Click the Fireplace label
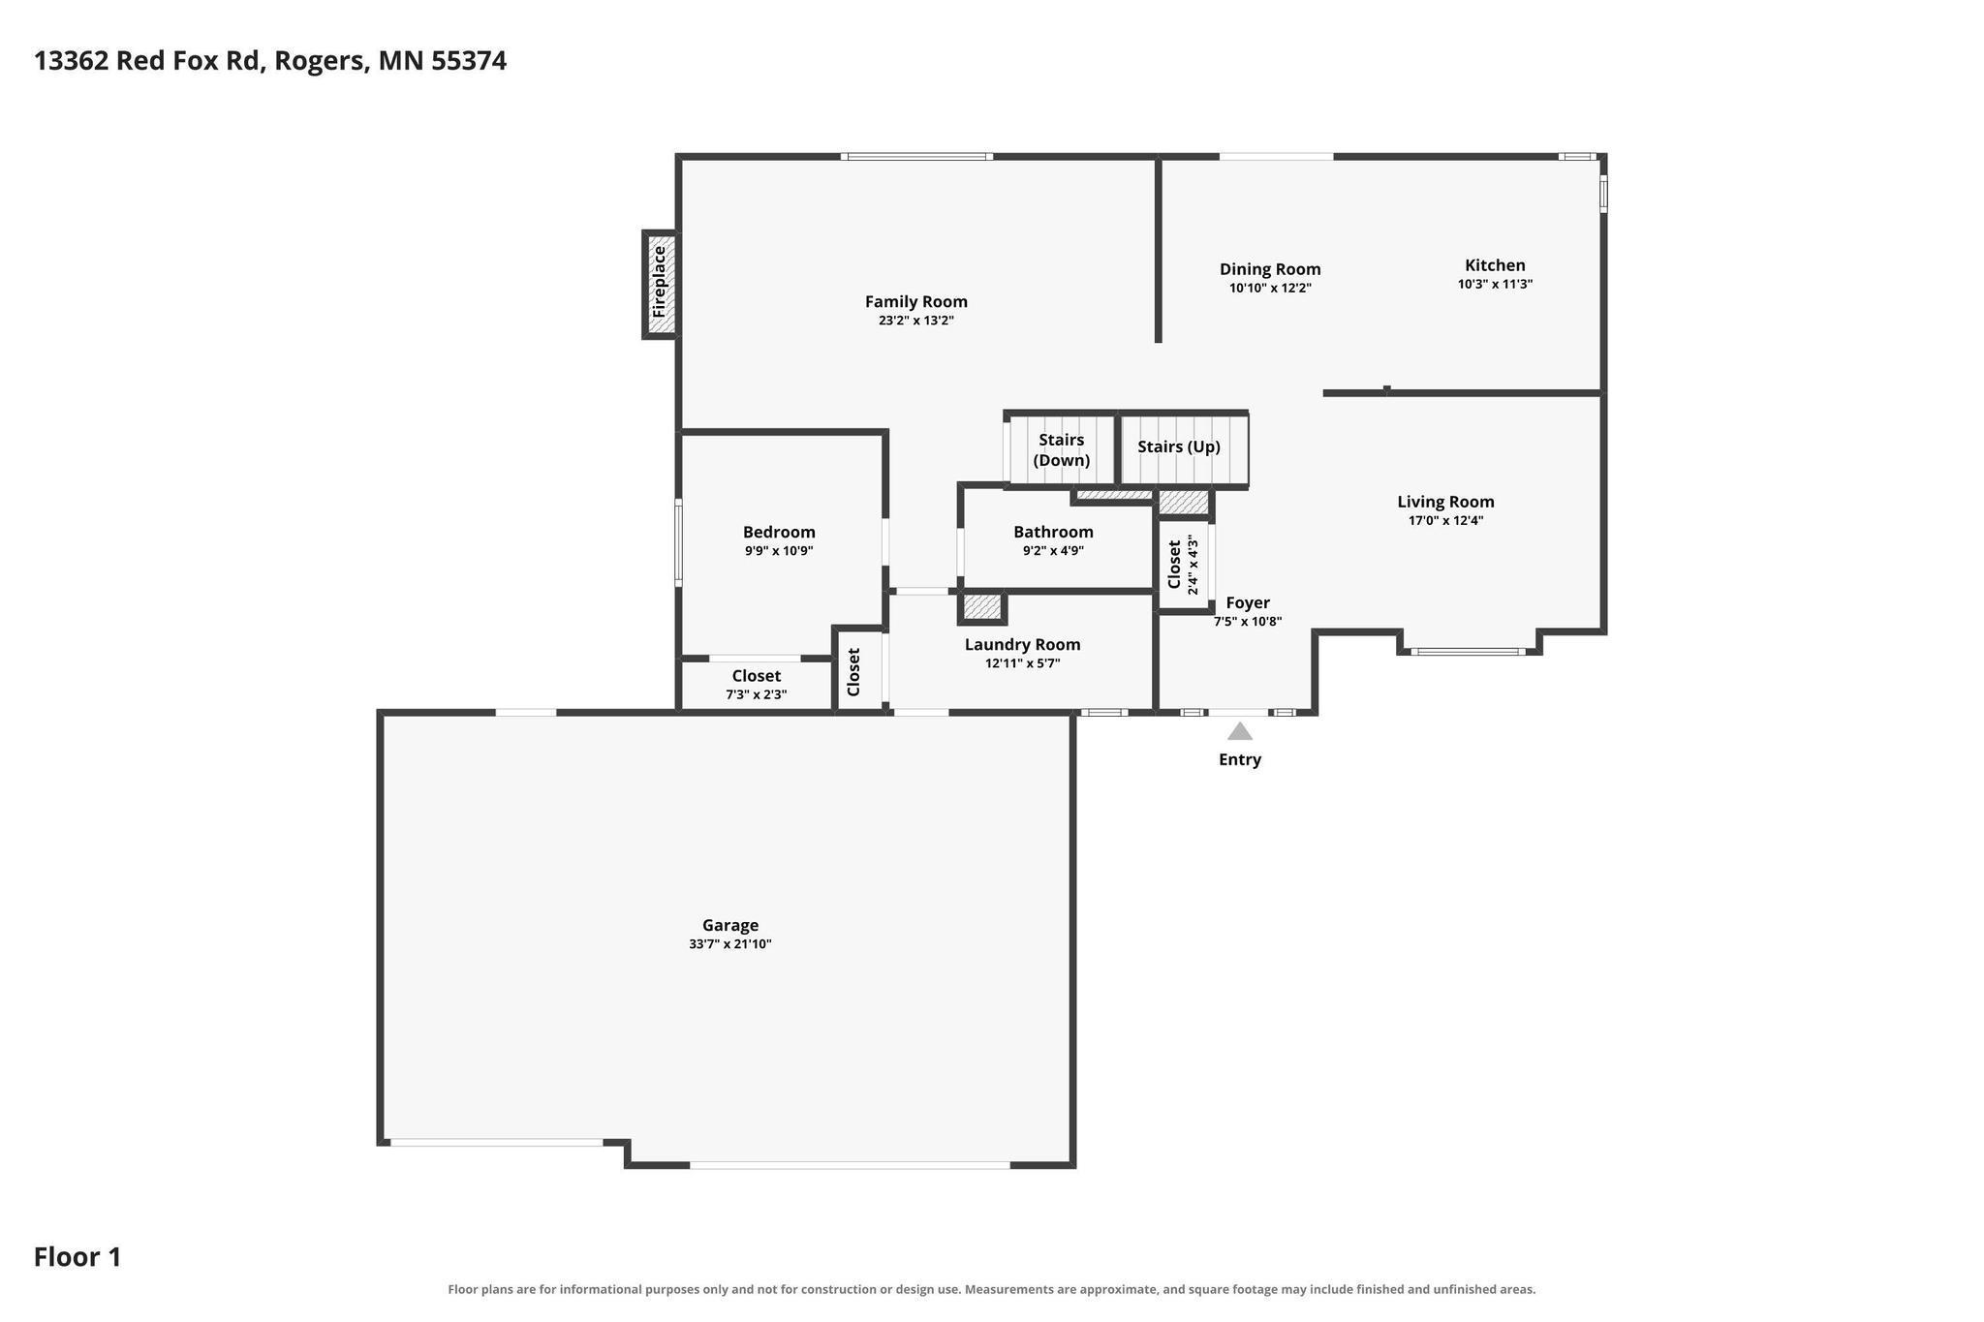[x=660, y=282]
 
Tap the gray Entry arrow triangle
[x=1240, y=731]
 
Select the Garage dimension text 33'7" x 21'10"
[x=730, y=944]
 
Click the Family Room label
[x=916, y=302]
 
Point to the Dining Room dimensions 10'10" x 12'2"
[x=1270, y=288]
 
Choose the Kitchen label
[x=1495, y=265]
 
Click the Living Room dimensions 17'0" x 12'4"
[x=1445, y=520]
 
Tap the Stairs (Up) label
[x=1179, y=447]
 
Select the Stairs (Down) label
[x=1062, y=450]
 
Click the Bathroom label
[x=1053, y=532]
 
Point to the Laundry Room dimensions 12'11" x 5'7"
[x=1023, y=663]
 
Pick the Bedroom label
[x=779, y=532]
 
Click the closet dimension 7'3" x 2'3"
[x=757, y=694]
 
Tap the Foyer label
[x=1248, y=602]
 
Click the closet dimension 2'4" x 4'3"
[x=1193, y=566]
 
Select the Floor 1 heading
[x=77, y=1257]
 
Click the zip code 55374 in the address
[x=469, y=61]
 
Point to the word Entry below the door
[x=1240, y=760]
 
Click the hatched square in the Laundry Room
[x=982, y=607]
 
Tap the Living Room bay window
[x=1469, y=652]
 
